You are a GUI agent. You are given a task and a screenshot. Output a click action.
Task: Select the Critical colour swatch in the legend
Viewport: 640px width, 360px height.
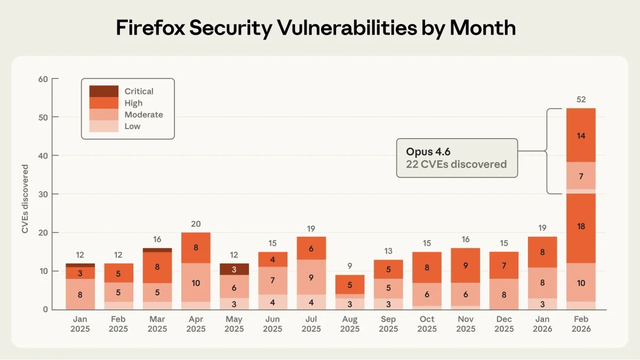pyautogui.click(x=103, y=91)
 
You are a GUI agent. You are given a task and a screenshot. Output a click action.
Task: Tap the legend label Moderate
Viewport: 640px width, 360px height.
pyautogui.click(x=143, y=115)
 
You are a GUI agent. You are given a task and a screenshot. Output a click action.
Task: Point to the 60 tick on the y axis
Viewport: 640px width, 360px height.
pyautogui.click(x=43, y=79)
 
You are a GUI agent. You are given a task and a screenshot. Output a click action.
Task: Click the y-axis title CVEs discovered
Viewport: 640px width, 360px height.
pyautogui.click(x=25, y=199)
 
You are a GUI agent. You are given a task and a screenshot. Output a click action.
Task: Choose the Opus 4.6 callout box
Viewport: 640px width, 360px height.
pyautogui.click(x=457, y=158)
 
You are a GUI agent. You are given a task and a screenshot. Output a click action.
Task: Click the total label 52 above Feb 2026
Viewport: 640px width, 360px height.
pyautogui.click(x=581, y=99)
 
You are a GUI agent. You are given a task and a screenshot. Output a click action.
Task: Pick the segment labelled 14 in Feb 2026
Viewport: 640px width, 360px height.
pyautogui.click(x=581, y=135)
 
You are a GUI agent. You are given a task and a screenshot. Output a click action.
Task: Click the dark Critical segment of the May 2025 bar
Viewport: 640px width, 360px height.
pyautogui.click(x=234, y=269)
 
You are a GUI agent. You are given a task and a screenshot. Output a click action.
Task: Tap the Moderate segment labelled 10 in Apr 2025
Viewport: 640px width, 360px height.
pyautogui.click(x=196, y=283)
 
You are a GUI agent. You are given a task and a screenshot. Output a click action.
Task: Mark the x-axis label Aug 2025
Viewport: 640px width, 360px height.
pyautogui.click(x=350, y=324)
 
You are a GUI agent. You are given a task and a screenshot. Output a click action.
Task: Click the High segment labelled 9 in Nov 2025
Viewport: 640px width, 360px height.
pyautogui.click(x=465, y=265)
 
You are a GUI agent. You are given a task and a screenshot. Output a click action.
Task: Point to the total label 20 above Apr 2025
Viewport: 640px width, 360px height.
pyautogui.click(x=196, y=224)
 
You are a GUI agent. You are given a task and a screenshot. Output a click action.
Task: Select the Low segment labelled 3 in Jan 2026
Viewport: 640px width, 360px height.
pyautogui.click(x=542, y=304)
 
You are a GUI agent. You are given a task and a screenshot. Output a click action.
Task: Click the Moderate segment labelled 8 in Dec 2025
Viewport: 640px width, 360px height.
pyautogui.click(x=504, y=294)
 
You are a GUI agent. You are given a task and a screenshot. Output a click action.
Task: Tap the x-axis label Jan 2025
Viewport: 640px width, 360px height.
pyautogui.click(x=80, y=324)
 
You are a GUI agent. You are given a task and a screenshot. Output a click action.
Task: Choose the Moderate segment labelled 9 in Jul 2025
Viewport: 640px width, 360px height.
pyautogui.click(x=311, y=277)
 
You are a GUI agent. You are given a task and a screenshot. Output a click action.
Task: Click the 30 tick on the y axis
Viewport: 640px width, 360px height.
pyautogui.click(x=43, y=194)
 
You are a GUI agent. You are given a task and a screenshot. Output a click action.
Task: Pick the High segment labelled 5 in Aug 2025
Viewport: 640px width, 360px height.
pyautogui.click(x=350, y=284)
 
